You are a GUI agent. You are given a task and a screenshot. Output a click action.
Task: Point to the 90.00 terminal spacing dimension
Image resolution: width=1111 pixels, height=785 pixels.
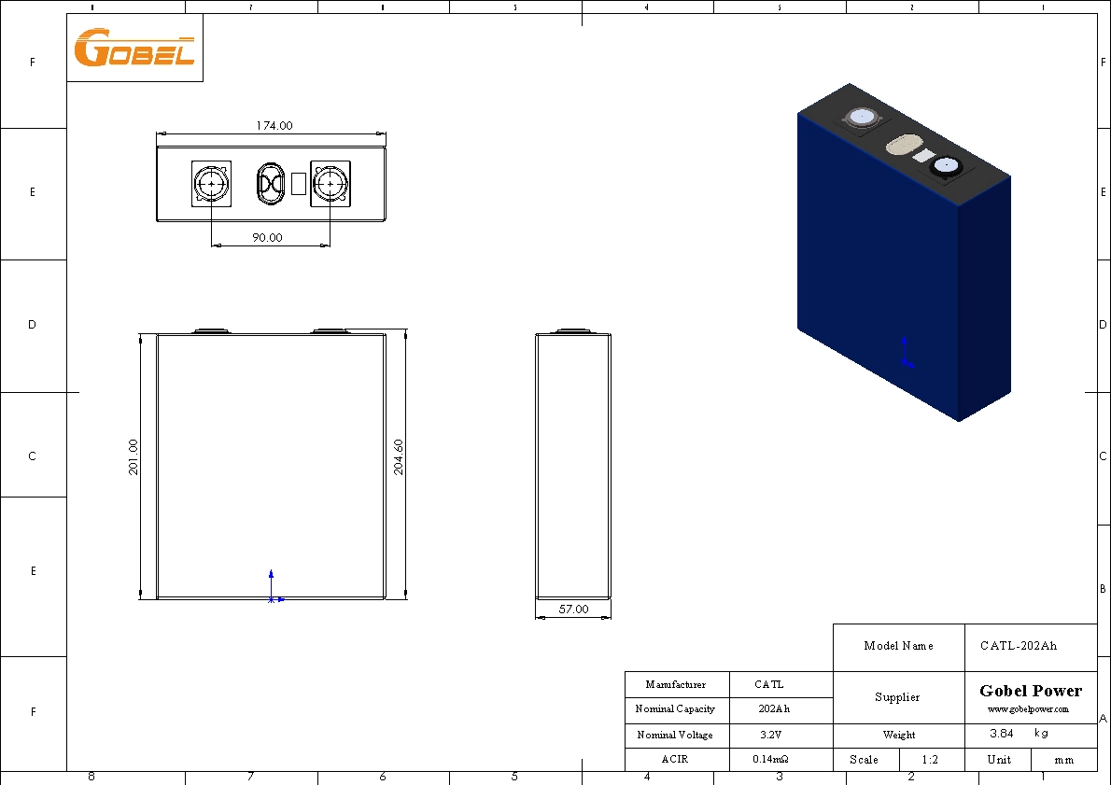coord(267,238)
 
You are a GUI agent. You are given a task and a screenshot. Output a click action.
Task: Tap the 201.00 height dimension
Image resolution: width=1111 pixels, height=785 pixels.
coord(133,457)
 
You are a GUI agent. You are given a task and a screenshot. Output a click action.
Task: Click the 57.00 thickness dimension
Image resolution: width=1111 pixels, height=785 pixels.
coord(573,609)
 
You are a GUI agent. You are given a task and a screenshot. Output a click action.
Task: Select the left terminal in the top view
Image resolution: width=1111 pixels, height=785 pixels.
coord(212,185)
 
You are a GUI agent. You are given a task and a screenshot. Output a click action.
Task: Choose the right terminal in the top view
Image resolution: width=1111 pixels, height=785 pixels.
coord(330,185)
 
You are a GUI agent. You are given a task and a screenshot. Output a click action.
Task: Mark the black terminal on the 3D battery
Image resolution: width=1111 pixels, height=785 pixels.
coord(945,166)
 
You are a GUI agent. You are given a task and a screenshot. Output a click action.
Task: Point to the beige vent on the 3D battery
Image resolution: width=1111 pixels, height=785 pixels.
coord(903,146)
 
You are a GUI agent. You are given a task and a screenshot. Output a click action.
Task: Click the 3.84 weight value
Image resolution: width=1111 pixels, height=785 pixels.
coord(1001,734)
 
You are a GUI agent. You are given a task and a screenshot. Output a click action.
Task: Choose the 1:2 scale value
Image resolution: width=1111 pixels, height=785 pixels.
coord(930,759)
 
